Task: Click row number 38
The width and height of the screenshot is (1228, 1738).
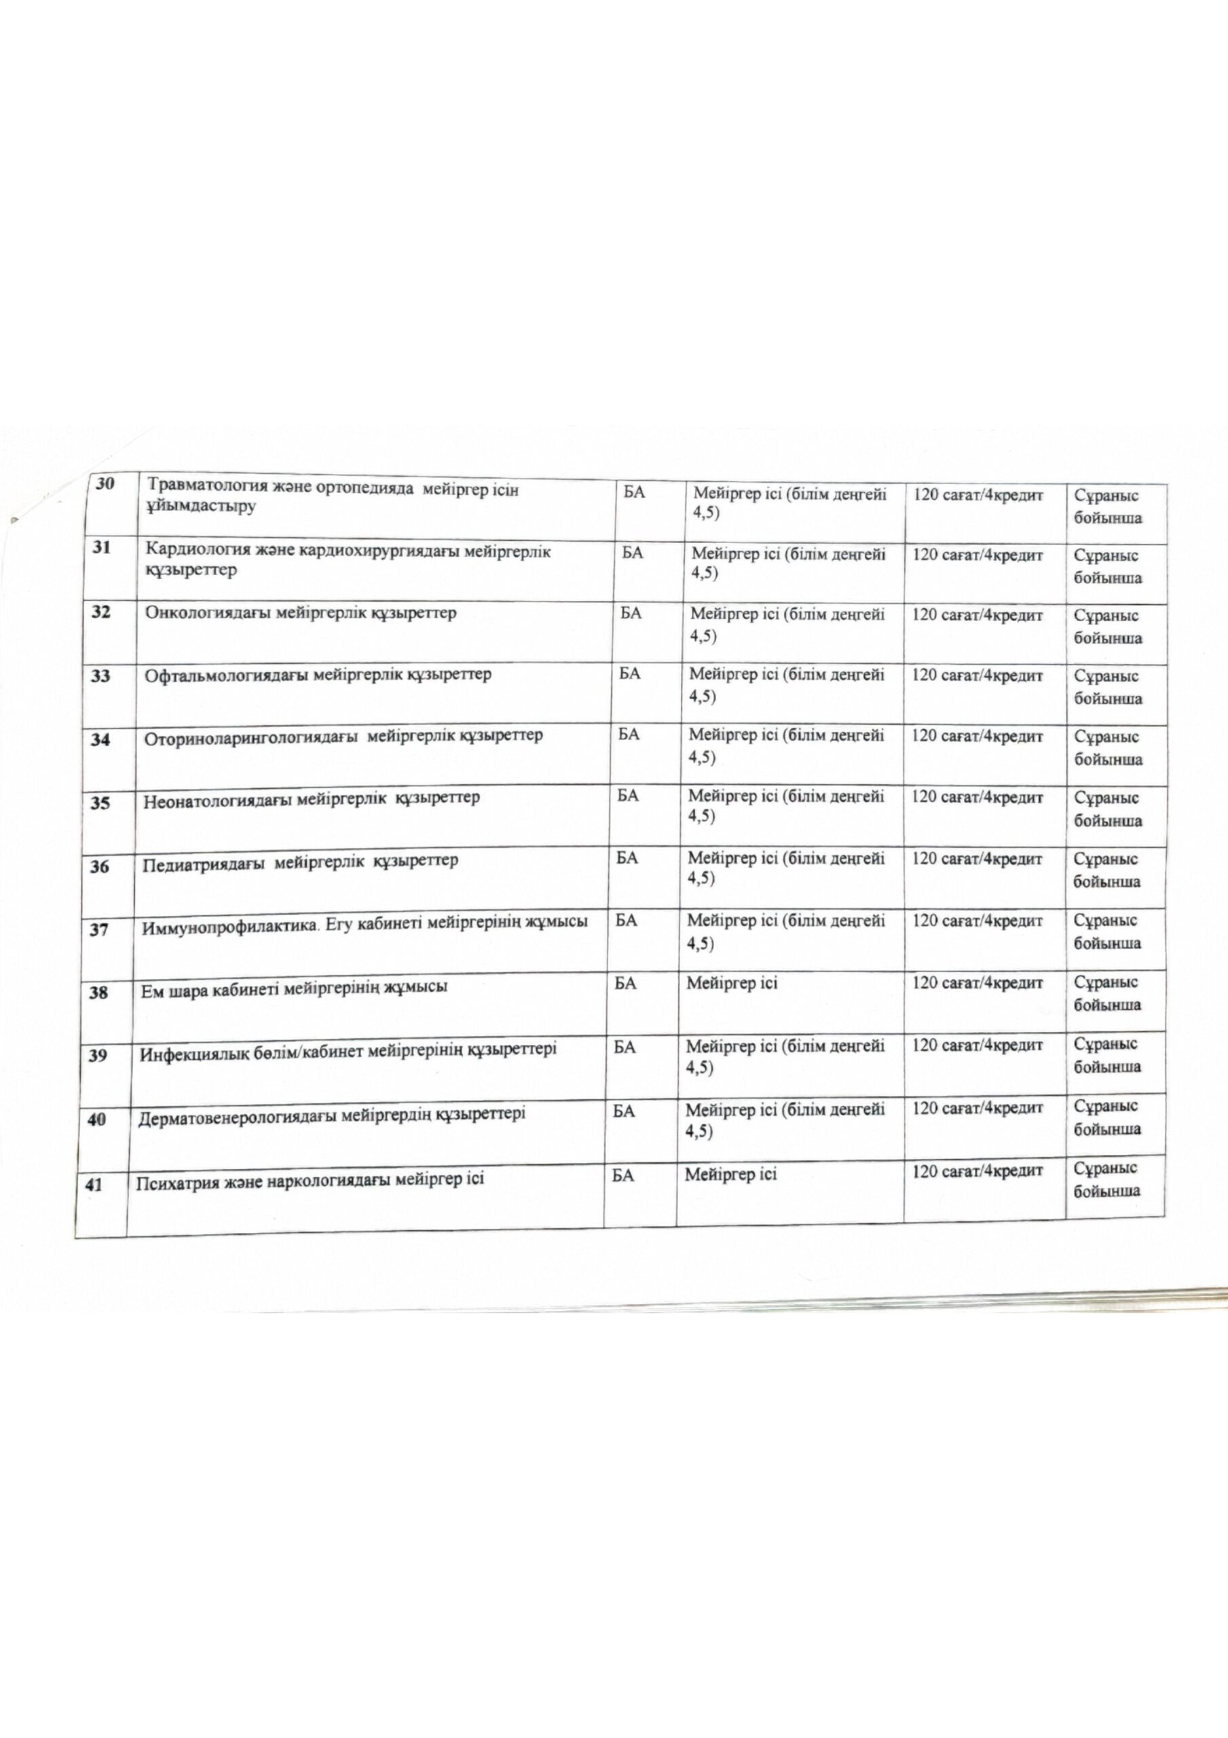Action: pyautogui.click(x=98, y=993)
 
